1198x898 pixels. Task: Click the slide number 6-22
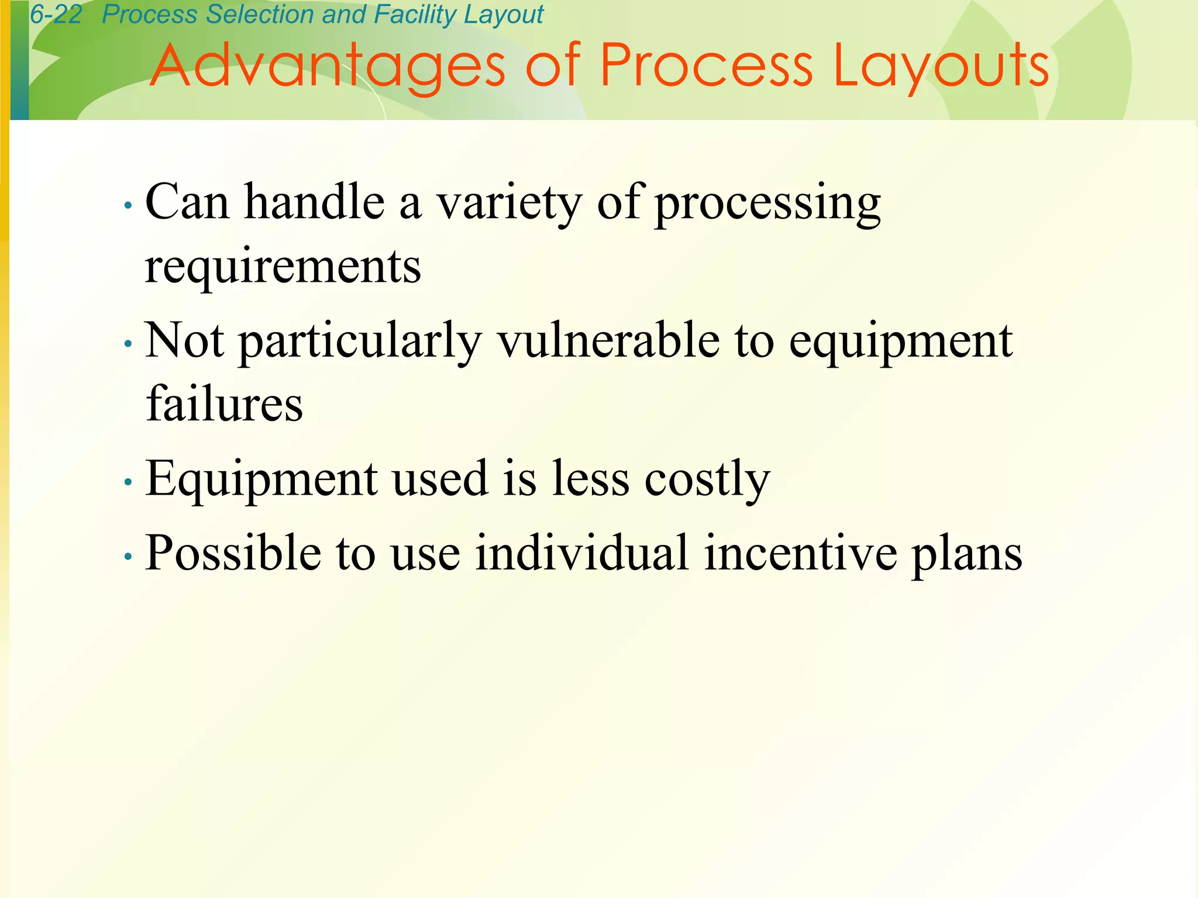(56, 15)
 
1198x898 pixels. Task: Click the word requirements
(283, 267)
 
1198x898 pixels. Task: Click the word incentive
(800, 552)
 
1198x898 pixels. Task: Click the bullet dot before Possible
(128, 557)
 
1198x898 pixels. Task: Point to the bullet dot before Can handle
(128, 206)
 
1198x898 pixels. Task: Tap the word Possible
(233, 552)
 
